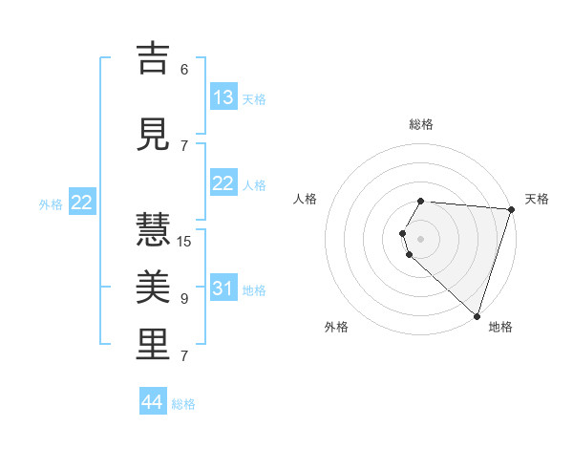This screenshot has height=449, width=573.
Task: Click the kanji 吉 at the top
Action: [x=153, y=59]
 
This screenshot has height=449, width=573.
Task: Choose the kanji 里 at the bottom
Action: [x=153, y=346]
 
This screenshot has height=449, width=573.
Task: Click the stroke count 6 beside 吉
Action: [x=184, y=69]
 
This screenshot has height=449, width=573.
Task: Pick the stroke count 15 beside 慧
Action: [x=184, y=241]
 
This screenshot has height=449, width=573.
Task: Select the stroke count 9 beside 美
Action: [x=184, y=299]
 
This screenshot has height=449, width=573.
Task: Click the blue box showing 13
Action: [x=223, y=96]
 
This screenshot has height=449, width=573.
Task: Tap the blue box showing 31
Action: [x=223, y=289]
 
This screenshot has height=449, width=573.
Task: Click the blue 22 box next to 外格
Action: [x=82, y=203]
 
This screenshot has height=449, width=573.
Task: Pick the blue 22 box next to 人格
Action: [x=223, y=183]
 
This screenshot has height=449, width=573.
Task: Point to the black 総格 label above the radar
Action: [x=420, y=124]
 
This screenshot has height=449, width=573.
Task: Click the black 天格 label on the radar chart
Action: [x=537, y=199]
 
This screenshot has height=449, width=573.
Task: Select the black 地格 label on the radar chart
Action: [x=500, y=327]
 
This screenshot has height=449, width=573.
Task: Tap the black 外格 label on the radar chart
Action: [x=336, y=327]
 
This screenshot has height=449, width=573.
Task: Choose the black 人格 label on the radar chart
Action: [x=306, y=199]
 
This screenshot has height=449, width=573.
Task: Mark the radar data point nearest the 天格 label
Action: [x=511, y=209]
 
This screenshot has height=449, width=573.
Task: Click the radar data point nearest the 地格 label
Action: [x=477, y=316]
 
